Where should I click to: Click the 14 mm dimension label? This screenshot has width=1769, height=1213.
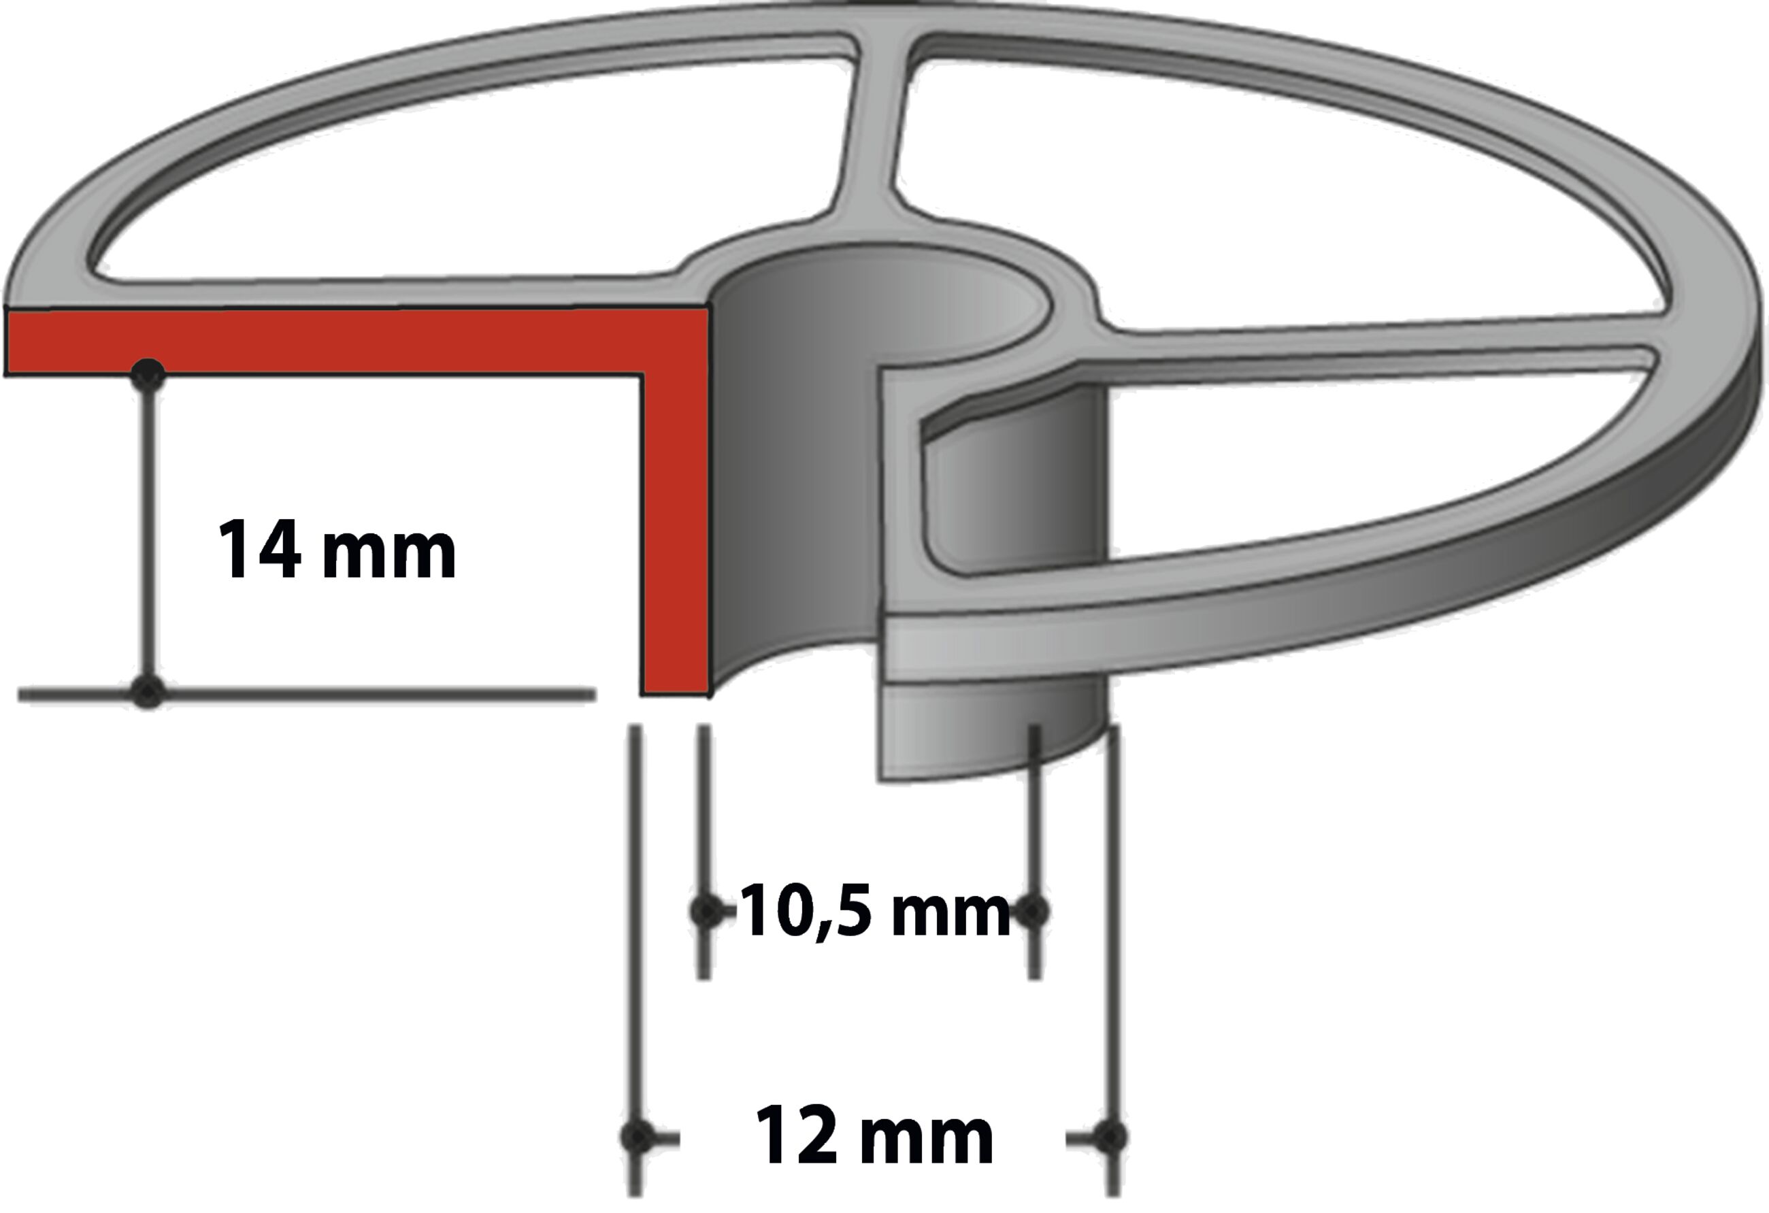pos(336,550)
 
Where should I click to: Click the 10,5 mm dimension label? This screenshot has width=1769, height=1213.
pos(874,912)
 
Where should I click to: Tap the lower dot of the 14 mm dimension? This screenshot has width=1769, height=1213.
pos(148,693)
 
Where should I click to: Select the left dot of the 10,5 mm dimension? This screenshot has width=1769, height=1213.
pos(706,911)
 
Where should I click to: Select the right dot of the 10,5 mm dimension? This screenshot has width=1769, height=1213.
pos(1033,911)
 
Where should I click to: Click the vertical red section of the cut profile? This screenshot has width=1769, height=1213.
pos(675,533)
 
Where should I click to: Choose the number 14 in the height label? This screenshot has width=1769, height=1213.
pos(259,550)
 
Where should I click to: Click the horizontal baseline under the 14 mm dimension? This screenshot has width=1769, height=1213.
pos(365,694)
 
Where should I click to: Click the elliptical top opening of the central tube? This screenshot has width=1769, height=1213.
pos(883,304)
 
